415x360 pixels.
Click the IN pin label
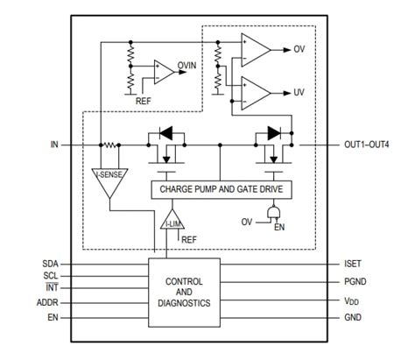[x=53, y=145]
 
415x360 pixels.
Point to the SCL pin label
[x=51, y=274]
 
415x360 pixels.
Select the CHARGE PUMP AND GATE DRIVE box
[x=222, y=188]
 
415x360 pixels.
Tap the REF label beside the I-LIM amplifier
[x=189, y=238]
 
